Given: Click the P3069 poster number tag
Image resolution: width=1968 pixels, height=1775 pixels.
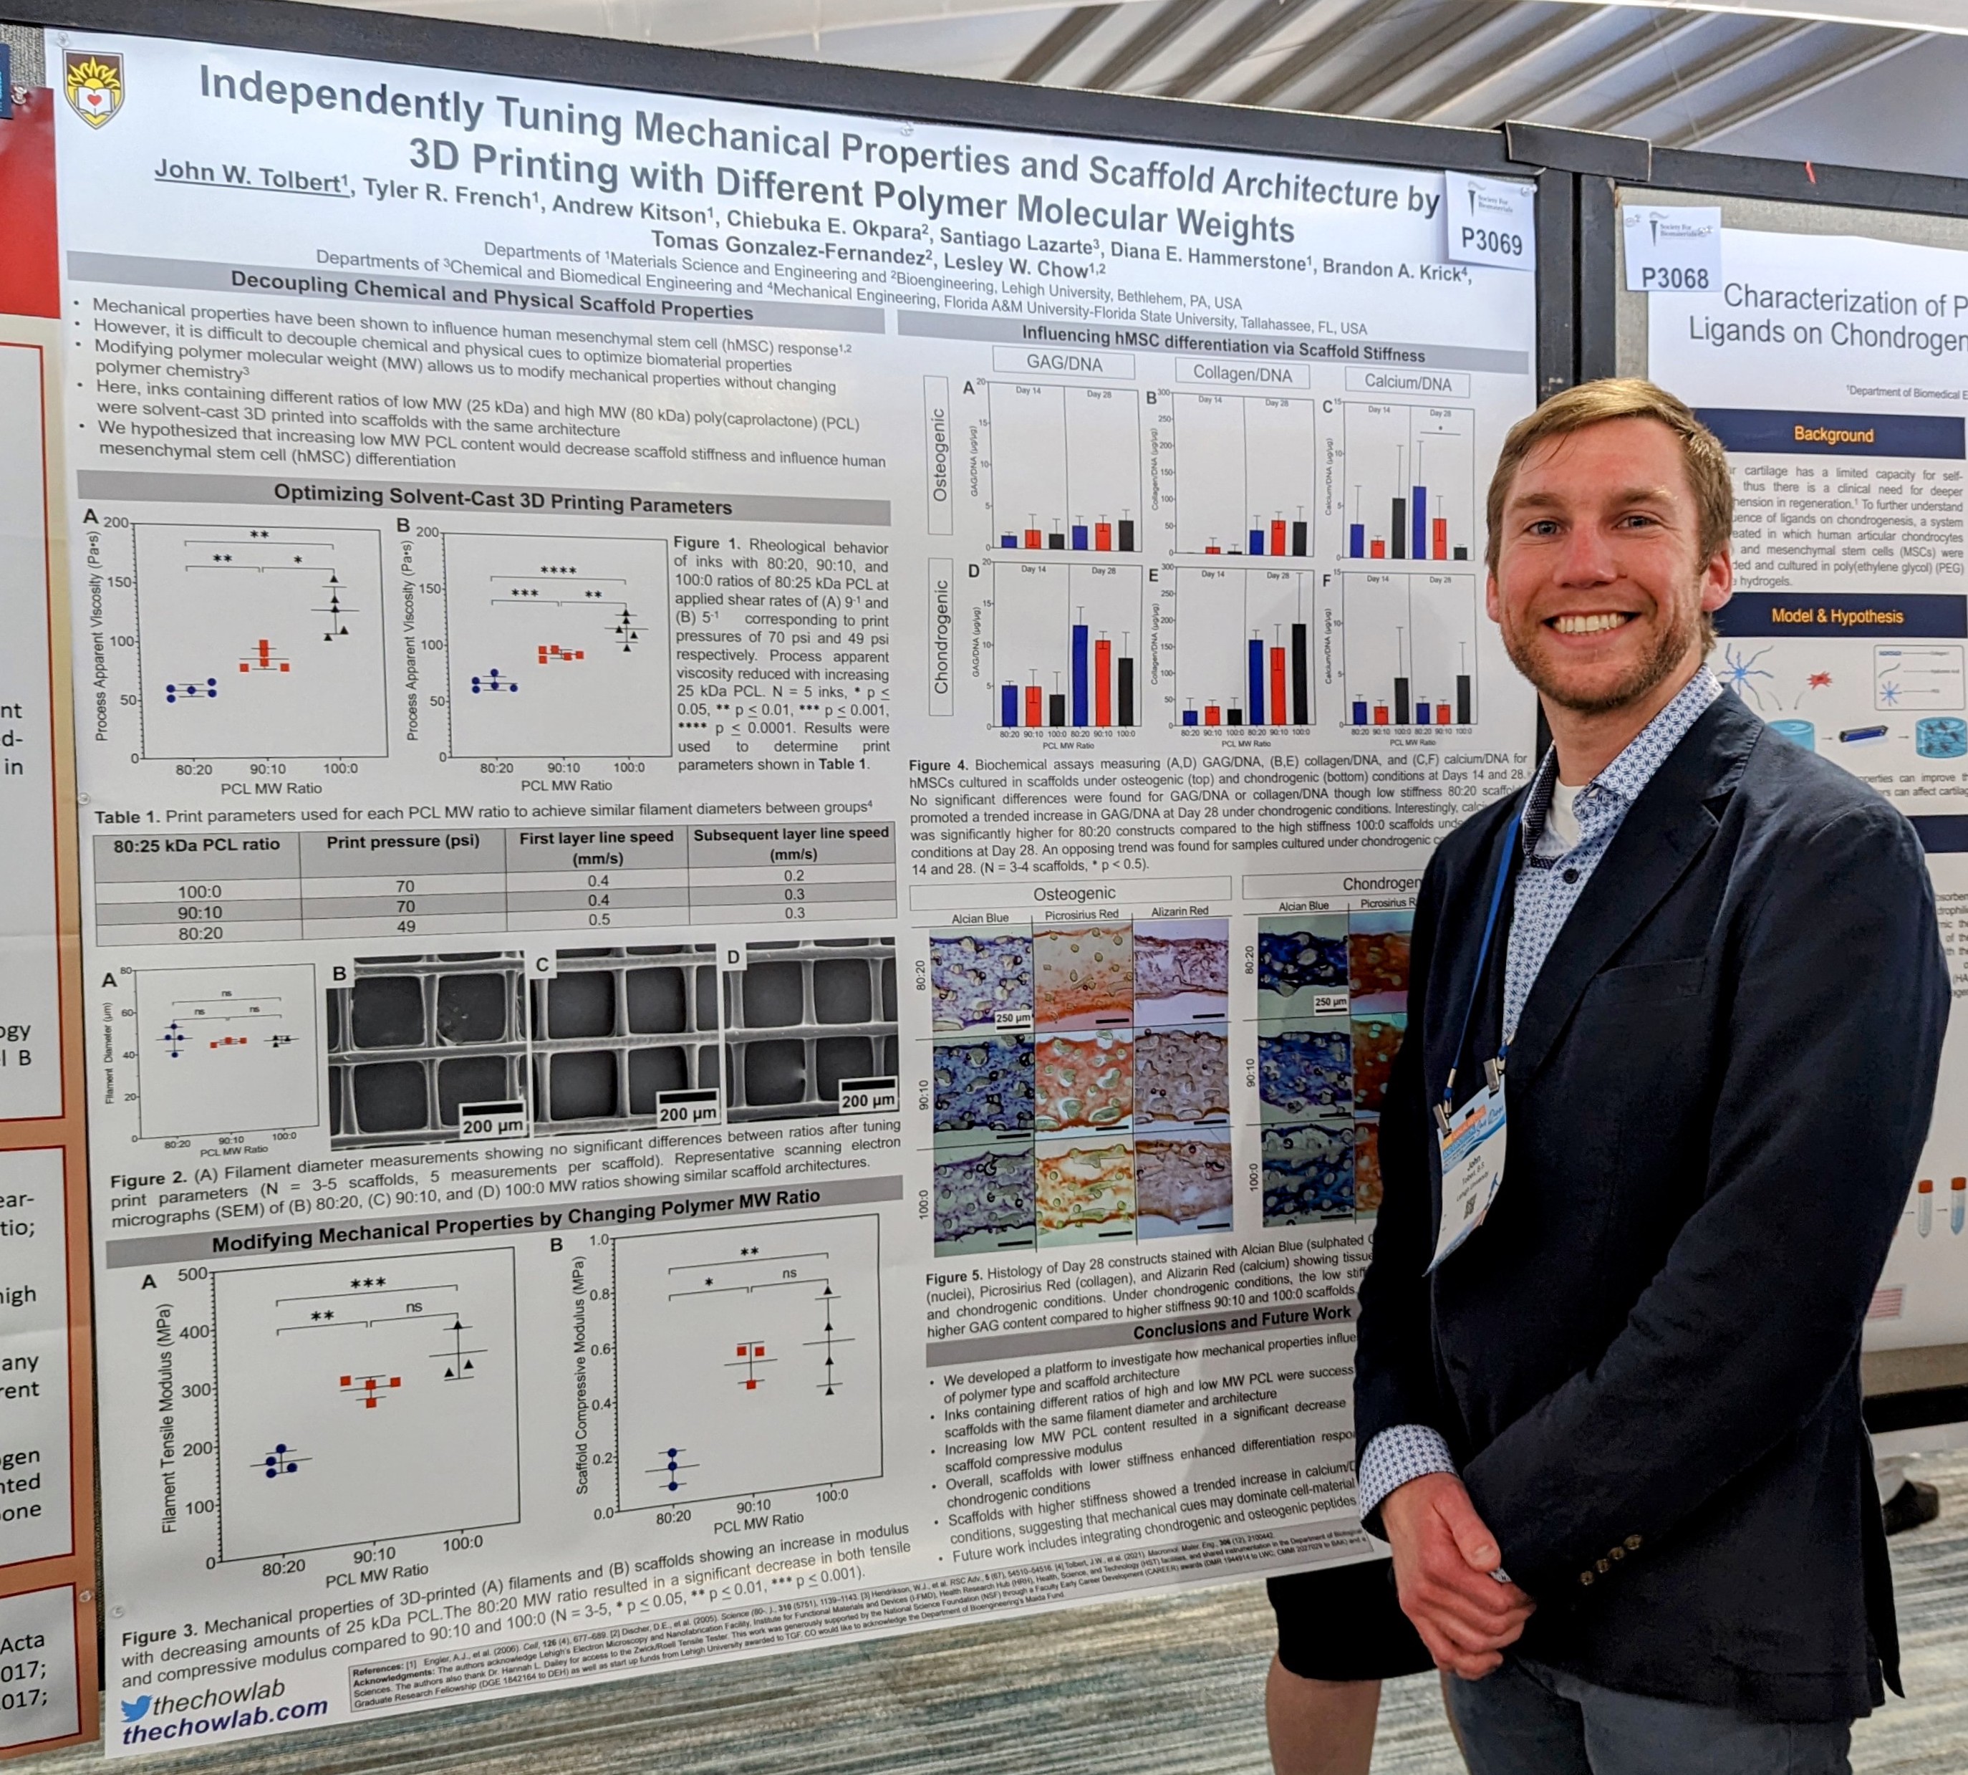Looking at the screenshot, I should [x=1490, y=240].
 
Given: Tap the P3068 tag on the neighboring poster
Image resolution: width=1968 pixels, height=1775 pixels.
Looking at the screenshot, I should [x=1674, y=278].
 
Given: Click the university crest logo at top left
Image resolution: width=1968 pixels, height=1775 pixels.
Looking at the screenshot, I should [x=94, y=91].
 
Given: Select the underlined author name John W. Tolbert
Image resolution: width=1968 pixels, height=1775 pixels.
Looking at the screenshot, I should [x=251, y=175].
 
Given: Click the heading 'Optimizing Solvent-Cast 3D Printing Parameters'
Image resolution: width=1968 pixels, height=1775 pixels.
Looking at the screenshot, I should [x=502, y=499].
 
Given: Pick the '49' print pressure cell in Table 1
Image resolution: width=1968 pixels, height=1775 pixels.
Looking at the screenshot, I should [x=405, y=926].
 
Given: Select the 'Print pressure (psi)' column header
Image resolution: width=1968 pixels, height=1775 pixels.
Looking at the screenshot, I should [x=402, y=842].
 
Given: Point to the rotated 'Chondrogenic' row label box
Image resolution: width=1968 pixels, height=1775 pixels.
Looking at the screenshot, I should [x=939, y=637].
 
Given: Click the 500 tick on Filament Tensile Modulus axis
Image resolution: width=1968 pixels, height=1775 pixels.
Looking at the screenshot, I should [x=192, y=1274].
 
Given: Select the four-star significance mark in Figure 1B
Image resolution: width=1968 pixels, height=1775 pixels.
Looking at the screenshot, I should [x=558, y=569].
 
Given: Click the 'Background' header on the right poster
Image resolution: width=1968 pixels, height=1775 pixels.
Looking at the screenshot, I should [x=1833, y=435].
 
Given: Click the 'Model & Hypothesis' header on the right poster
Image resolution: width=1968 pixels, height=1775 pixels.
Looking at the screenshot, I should [x=1836, y=616].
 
